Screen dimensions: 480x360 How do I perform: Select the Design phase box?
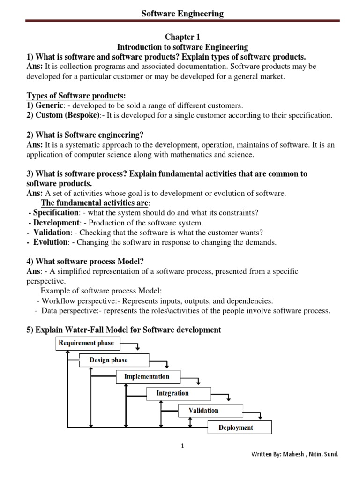(109, 360)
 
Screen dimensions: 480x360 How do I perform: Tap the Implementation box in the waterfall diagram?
(146, 376)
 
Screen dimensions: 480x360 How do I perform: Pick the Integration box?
(172, 393)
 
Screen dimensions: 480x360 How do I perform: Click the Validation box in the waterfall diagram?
(203, 410)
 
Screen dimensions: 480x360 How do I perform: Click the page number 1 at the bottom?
(183, 446)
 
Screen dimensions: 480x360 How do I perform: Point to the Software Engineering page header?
(182, 14)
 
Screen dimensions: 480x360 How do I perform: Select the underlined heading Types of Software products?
(76, 96)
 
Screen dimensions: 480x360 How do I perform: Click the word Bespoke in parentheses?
(85, 115)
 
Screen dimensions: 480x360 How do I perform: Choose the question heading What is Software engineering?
(89, 135)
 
